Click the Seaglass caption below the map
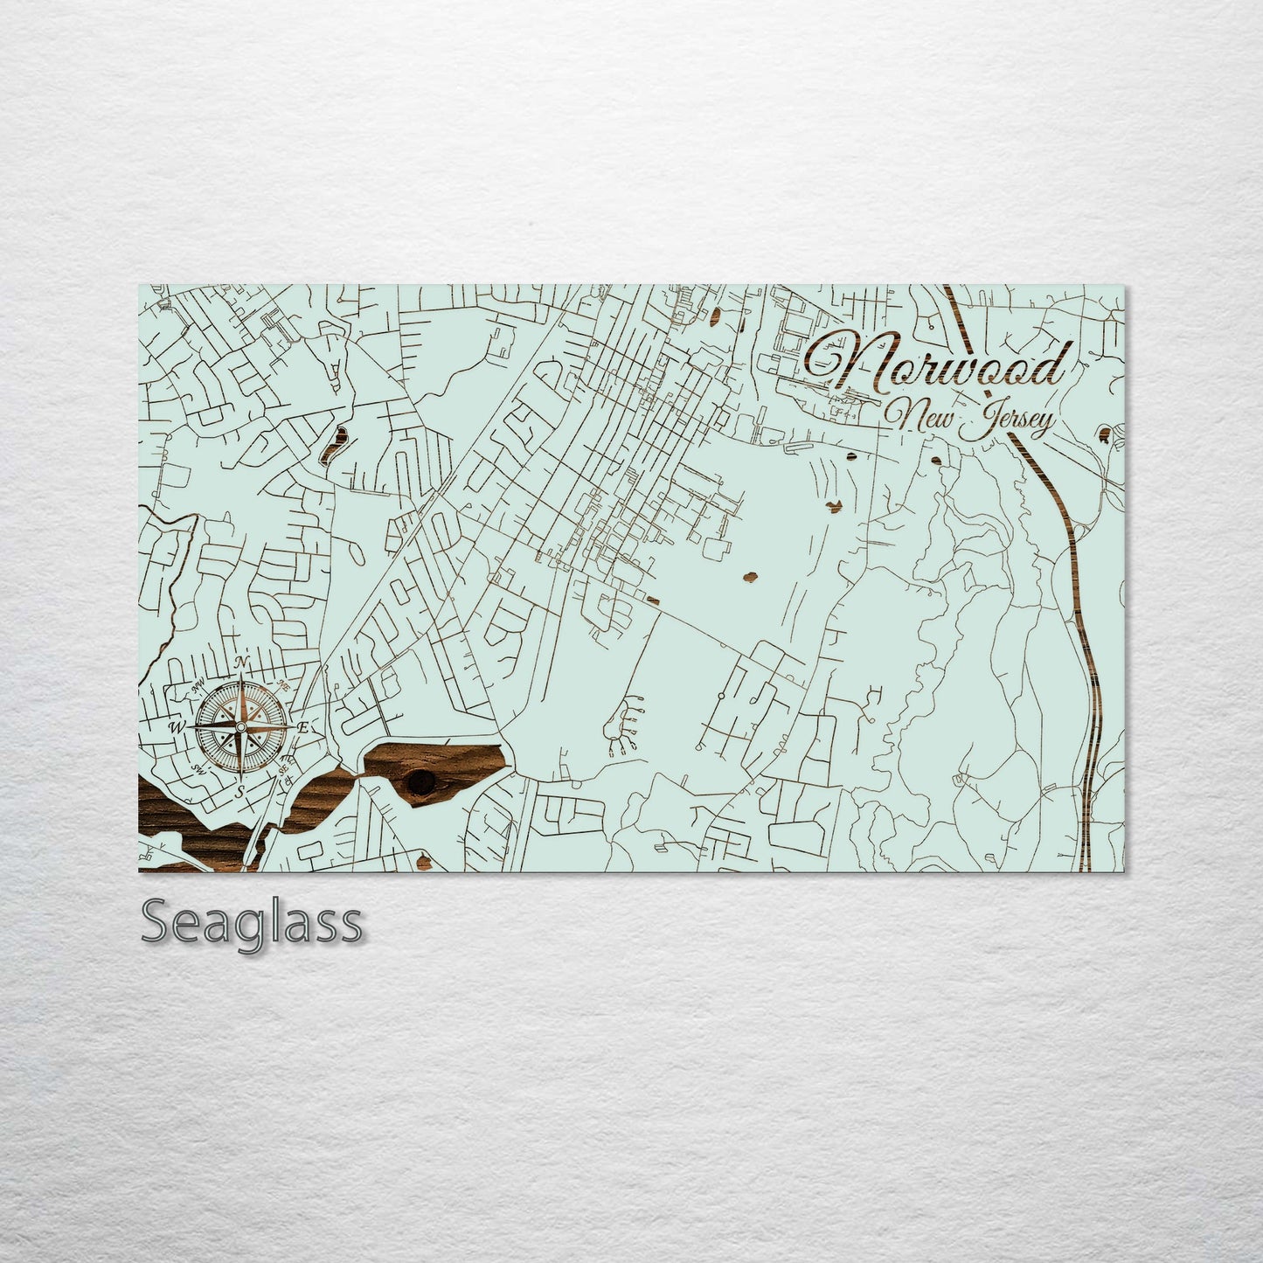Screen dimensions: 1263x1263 pos(252,923)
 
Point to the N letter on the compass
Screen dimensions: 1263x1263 pos(245,660)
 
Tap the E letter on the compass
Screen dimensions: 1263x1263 pos(303,727)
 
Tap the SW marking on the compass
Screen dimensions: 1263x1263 pos(198,769)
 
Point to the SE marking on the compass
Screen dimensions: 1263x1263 pos(282,769)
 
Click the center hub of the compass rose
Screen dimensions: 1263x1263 pos(241,725)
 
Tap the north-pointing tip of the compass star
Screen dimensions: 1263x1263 pos(242,678)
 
